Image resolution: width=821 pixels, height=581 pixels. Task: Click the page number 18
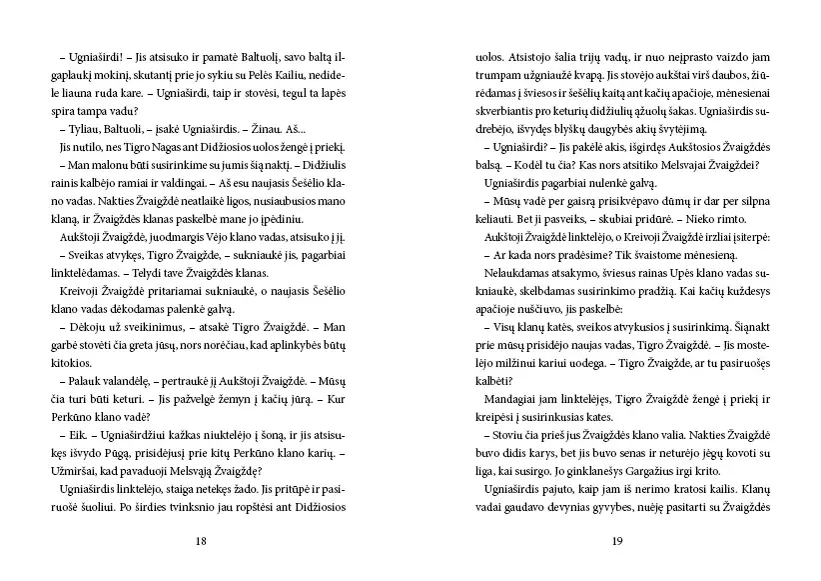201,541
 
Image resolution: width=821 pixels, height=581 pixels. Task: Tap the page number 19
617,541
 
